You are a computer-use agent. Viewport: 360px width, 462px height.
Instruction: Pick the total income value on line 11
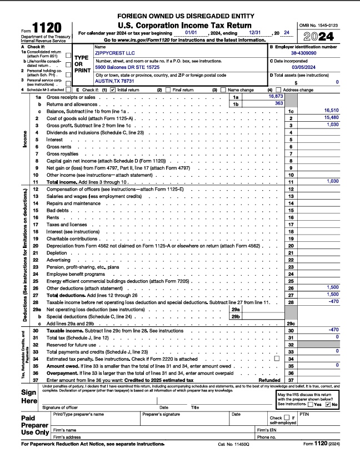[x=332, y=181]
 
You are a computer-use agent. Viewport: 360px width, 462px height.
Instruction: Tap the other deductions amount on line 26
[x=332, y=287]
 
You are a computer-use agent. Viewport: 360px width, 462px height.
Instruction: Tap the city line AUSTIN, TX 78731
[x=114, y=81]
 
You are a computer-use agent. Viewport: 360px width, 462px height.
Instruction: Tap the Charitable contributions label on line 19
[x=72, y=238]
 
